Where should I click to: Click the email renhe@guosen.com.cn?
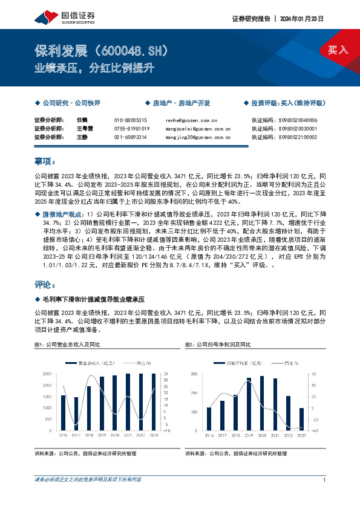click(191, 120)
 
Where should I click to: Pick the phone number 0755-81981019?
click(132, 129)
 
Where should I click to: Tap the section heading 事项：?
click(45, 162)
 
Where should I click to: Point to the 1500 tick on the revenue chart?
click(47, 397)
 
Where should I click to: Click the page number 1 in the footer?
click(326, 479)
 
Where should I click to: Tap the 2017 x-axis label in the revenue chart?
click(76, 435)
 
